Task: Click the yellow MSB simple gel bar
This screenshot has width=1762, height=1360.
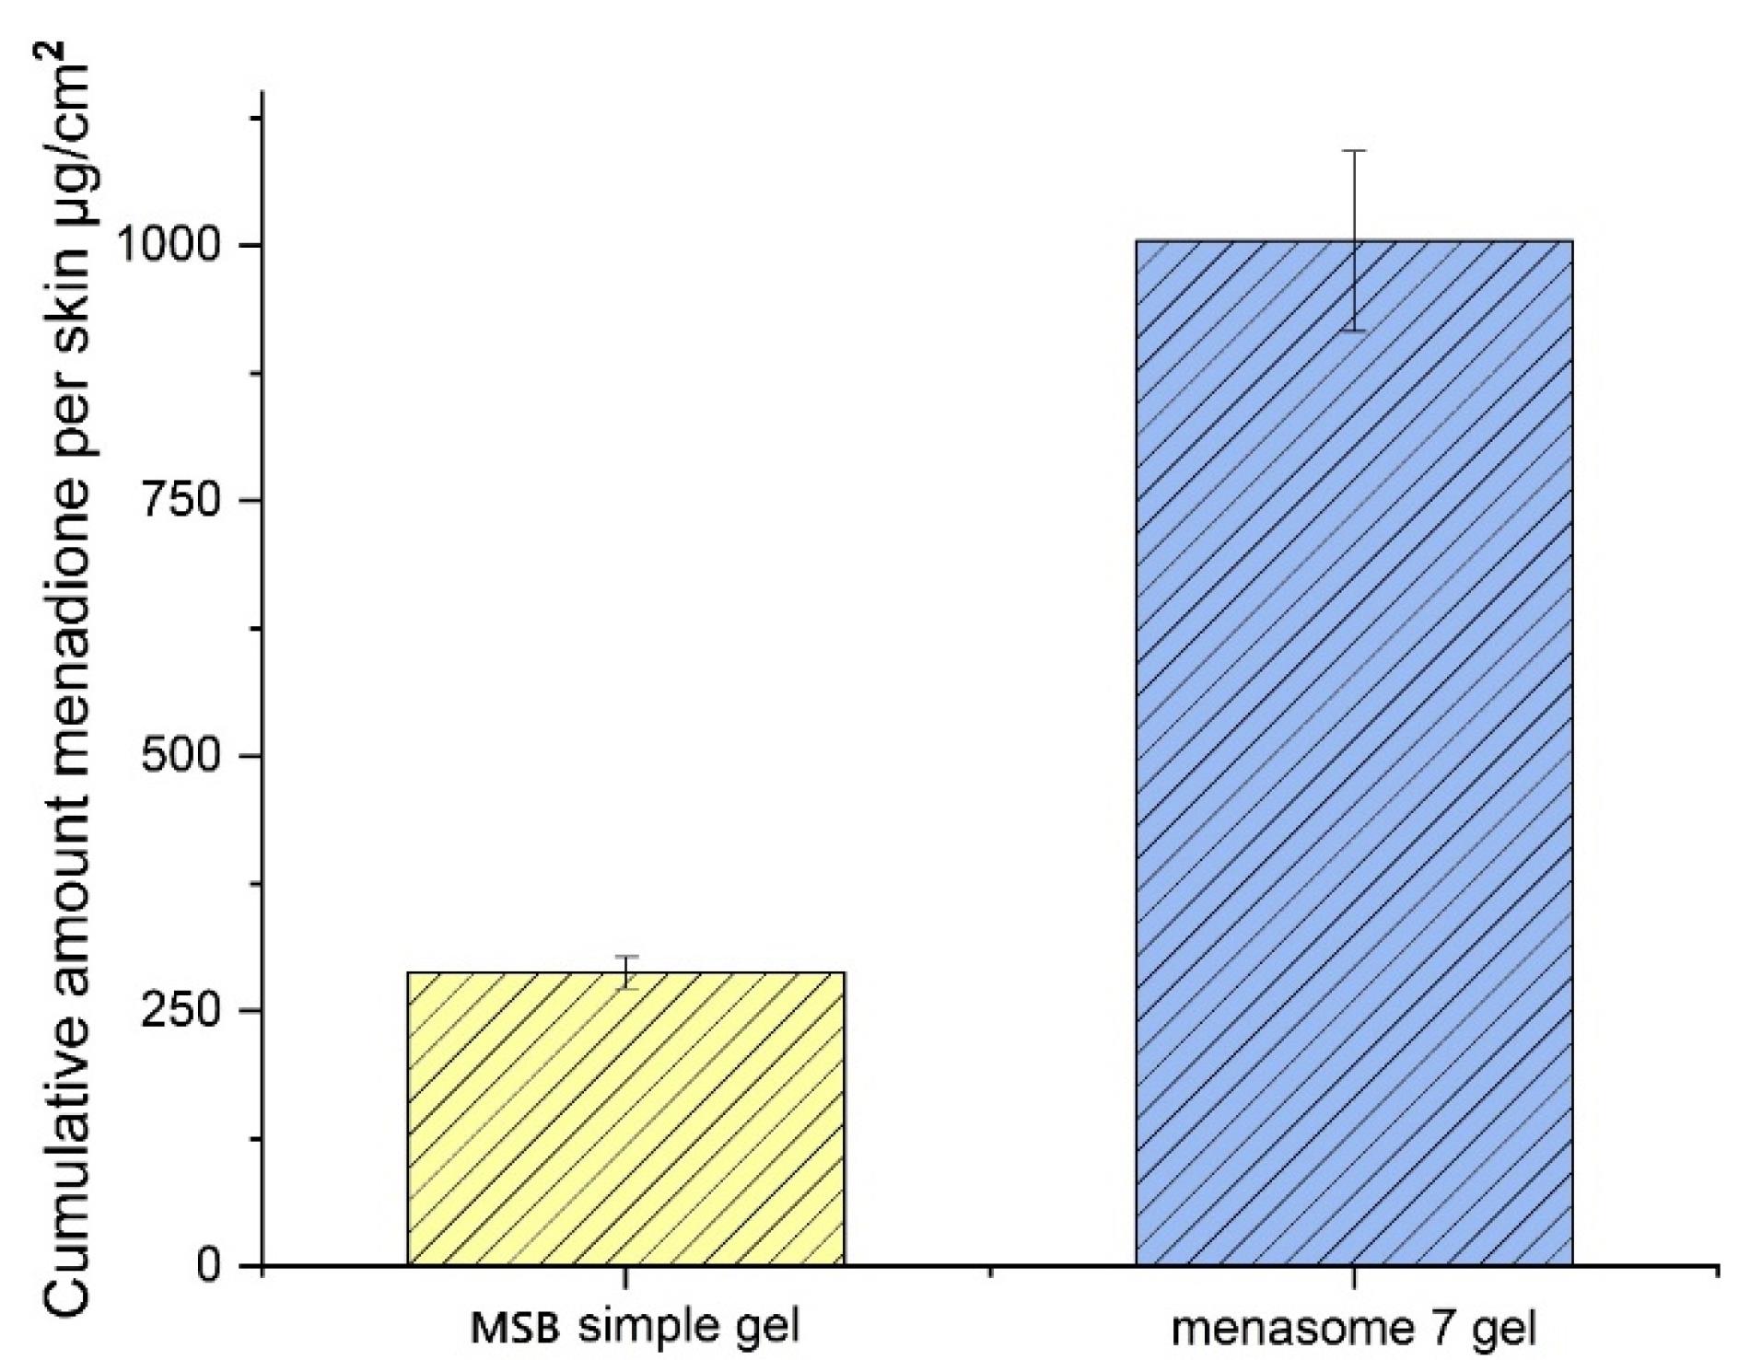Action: tap(625, 1119)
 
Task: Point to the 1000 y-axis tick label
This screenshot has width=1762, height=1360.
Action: tap(174, 246)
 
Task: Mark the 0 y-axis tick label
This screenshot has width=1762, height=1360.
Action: tap(211, 1266)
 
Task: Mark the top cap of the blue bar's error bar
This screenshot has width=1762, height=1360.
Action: tap(1353, 150)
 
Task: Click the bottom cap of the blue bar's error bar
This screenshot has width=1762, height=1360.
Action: tap(1353, 330)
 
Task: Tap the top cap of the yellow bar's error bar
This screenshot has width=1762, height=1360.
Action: tap(626, 957)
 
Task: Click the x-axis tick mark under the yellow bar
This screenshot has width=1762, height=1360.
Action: tap(626, 1277)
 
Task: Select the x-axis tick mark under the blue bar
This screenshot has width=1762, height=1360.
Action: tap(1353, 1277)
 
